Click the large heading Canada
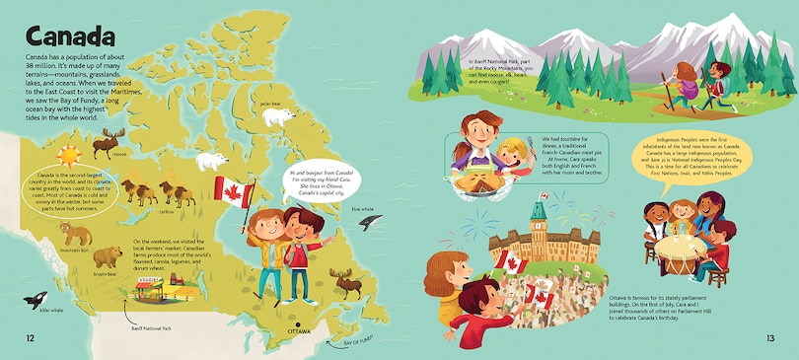65,37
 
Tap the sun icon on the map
68,156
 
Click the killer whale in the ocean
34,301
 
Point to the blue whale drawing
370,222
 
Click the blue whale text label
363,209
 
